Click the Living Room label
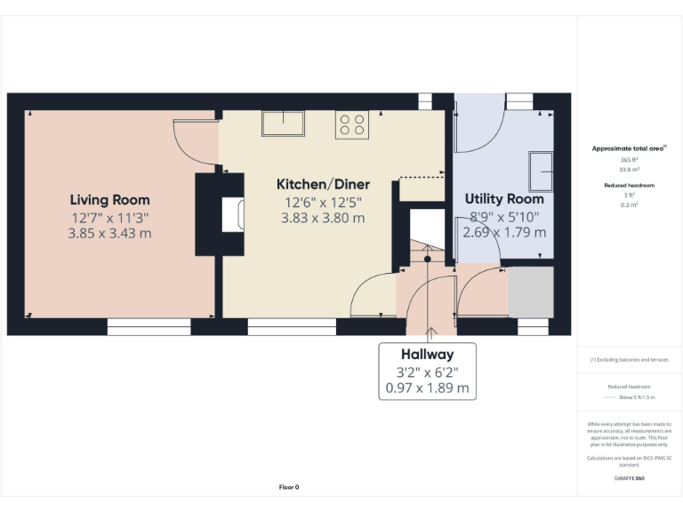coord(110,200)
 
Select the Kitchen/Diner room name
coord(323,184)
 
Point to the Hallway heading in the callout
coord(427,355)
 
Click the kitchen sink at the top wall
coord(283,123)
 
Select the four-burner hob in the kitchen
coord(351,124)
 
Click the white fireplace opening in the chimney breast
coord(233,214)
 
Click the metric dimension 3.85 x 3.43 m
coord(110,234)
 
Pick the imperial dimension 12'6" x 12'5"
coord(323,201)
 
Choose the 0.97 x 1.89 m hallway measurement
coord(427,388)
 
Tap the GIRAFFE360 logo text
coord(630,478)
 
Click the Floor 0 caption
coord(289,487)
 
